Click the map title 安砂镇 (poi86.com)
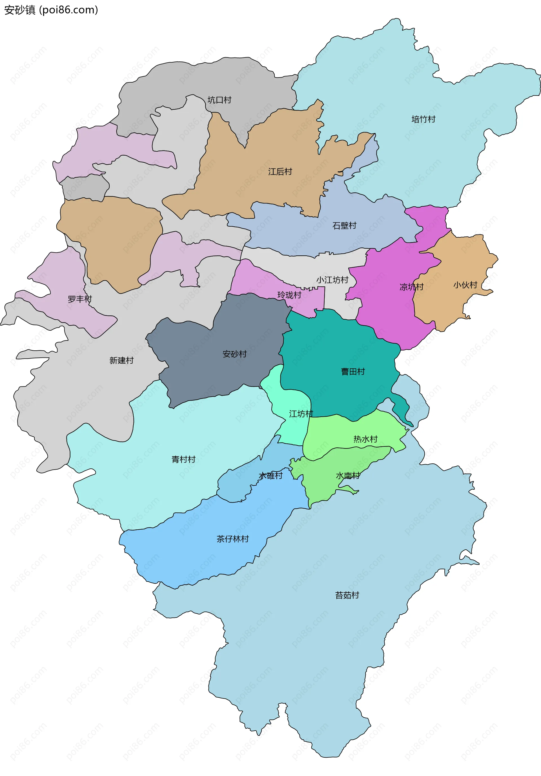pyautogui.click(x=51, y=10)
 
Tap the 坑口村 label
pyautogui.click(x=219, y=100)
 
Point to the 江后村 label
pyautogui.click(x=280, y=172)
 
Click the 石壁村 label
pyautogui.click(x=344, y=225)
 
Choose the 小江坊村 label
pyautogui.click(x=332, y=280)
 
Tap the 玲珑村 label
pyautogui.click(x=289, y=295)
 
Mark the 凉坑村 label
pyautogui.click(x=411, y=287)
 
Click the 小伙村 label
pyautogui.click(x=465, y=285)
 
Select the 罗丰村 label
pyautogui.click(x=80, y=299)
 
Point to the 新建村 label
pyautogui.click(x=121, y=360)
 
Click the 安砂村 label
pyautogui.click(x=234, y=354)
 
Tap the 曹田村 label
pyautogui.click(x=353, y=372)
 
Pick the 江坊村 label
pyautogui.click(x=301, y=414)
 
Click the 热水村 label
pyautogui.click(x=365, y=439)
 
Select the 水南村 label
pyautogui.click(x=348, y=476)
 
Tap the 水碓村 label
pyautogui.click(x=270, y=476)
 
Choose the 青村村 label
pyautogui.click(x=183, y=459)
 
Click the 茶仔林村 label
pyautogui.click(x=232, y=539)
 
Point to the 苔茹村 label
pyautogui.click(x=347, y=595)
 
